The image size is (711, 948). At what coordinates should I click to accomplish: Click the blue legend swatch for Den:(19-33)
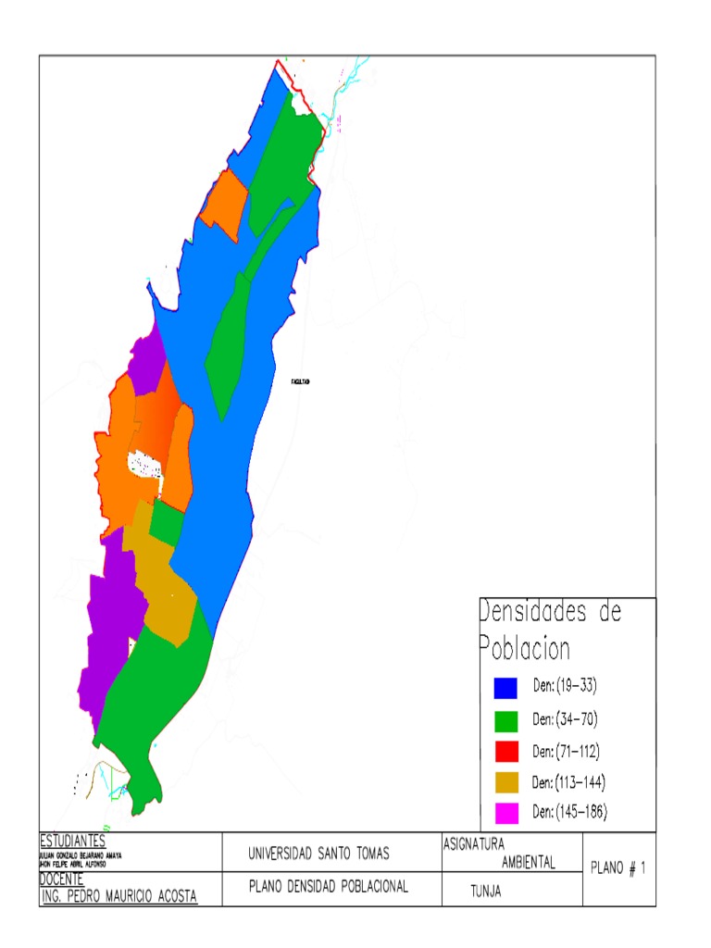[x=505, y=688]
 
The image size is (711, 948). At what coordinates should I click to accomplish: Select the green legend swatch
[x=505, y=719]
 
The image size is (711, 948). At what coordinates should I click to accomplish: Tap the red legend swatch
[x=505, y=751]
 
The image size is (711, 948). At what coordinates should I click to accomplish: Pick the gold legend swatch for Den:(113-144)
[x=505, y=782]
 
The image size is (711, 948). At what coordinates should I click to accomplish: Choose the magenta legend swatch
[x=505, y=814]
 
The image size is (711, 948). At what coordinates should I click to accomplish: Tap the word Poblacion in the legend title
[x=525, y=649]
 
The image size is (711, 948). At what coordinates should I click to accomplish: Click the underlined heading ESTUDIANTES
[x=72, y=842]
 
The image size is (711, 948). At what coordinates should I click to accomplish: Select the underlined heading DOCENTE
[x=63, y=879]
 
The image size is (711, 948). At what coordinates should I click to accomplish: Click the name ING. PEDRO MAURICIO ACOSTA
[x=118, y=896]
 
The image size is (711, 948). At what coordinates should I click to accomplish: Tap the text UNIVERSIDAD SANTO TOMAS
[x=319, y=853]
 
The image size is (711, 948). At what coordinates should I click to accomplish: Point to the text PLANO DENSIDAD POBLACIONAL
[x=329, y=887]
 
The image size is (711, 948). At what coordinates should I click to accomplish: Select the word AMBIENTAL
[x=528, y=863]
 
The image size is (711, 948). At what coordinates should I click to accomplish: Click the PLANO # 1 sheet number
[x=617, y=868]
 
